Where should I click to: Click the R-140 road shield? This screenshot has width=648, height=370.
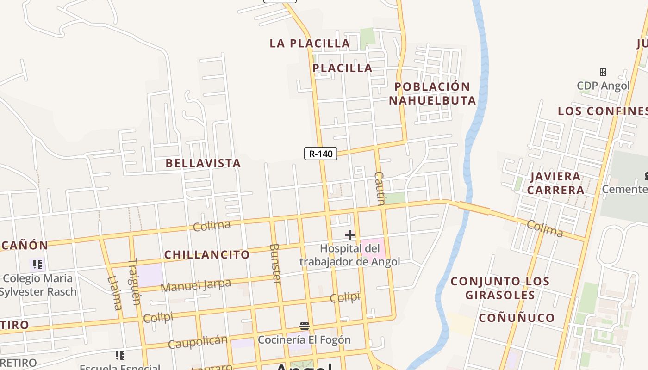[320, 154]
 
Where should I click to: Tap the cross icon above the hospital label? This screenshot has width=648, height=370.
[349, 235]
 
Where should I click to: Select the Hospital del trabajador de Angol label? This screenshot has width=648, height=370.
[349, 255]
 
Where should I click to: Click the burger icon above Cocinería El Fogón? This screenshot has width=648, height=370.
[304, 326]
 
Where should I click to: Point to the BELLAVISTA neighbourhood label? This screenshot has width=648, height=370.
[203, 163]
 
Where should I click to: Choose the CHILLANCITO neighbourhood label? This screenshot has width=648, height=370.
[207, 254]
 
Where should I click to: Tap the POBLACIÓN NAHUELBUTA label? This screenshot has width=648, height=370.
[432, 93]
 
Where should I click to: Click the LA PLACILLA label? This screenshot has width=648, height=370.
[310, 43]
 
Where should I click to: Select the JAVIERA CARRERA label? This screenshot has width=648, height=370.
[555, 183]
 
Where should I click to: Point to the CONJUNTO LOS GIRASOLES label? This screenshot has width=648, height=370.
[500, 288]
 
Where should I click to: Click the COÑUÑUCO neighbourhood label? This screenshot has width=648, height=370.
[517, 318]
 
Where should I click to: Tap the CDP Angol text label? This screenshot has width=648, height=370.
[603, 86]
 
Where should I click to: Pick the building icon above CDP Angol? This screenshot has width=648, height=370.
[603, 72]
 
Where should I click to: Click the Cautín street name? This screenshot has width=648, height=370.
[380, 188]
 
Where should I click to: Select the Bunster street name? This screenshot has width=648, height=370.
[275, 264]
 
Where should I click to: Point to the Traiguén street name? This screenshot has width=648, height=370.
[133, 282]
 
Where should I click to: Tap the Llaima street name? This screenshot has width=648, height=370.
[115, 293]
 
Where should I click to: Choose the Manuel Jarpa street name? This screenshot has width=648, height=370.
[195, 285]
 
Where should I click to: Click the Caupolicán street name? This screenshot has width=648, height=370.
[198, 342]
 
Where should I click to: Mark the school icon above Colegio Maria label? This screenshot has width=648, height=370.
[37, 265]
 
